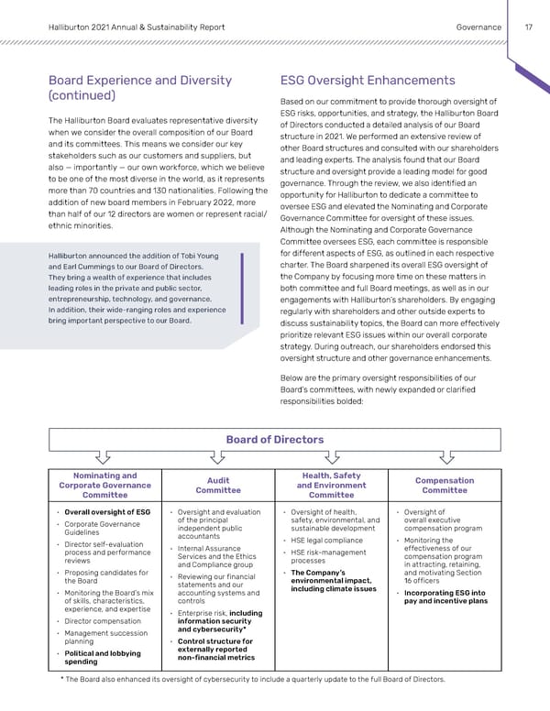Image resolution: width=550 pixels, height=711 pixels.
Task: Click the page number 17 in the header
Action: (529, 27)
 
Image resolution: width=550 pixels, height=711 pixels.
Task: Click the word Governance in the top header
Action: (478, 27)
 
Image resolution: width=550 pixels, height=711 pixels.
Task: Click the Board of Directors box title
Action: (274, 439)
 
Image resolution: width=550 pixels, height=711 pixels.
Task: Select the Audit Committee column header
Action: (218, 485)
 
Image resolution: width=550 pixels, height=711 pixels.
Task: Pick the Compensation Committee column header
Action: (444, 485)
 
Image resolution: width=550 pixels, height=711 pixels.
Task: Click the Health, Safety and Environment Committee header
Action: (331, 485)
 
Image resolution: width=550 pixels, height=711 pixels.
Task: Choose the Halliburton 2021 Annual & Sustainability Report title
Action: (136, 27)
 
